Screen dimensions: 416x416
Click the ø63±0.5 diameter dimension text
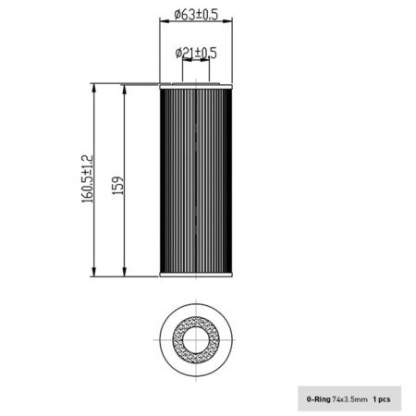tap(195, 14)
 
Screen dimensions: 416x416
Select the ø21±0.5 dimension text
tap(196, 53)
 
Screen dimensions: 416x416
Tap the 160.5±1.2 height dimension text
tap(88, 179)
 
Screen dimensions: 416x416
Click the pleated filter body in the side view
tap(195, 180)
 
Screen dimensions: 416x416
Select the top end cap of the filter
tap(195, 85)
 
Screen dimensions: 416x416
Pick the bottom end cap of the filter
tap(195, 275)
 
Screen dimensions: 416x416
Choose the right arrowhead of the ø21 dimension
tap(205, 61)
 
